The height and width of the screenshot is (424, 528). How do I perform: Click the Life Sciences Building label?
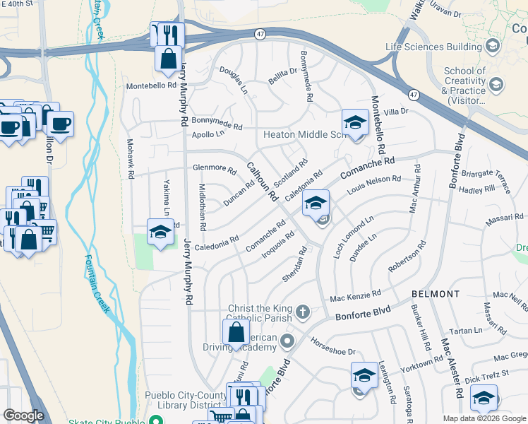433,47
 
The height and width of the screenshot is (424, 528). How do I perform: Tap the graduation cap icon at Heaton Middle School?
356,123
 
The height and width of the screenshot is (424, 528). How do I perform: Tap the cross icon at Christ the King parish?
302,312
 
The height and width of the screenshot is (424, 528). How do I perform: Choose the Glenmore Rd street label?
214,169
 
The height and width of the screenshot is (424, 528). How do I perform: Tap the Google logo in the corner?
23,416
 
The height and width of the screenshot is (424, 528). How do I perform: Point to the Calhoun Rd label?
262,182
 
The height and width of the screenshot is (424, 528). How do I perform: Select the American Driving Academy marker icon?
287,343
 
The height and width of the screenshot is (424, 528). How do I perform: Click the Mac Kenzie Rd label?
356,294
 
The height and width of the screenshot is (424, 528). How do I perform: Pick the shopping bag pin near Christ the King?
236,331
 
